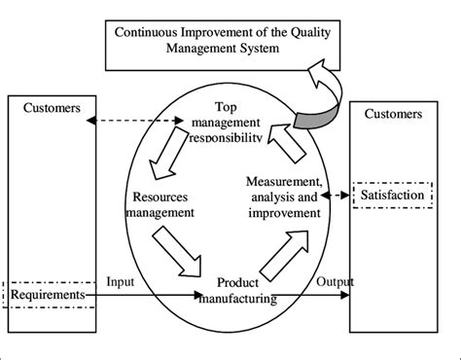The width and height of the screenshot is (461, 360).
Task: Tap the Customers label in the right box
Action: point(392,113)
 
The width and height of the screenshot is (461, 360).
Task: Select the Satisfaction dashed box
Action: point(392,195)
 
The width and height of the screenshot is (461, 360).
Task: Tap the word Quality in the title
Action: point(281,31)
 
